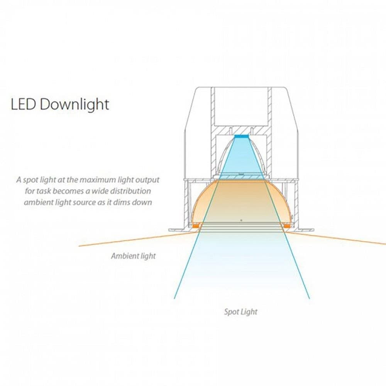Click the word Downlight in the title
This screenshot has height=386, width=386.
(x=74, y=104)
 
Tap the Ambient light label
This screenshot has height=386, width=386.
(x=133, y=256)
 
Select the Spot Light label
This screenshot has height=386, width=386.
(x=240, y=312)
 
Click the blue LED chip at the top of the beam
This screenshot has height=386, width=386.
(x=242, y=136)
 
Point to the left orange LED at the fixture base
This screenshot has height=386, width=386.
(x=196, y=225)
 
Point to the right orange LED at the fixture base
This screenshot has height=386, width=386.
(x=287, y=225)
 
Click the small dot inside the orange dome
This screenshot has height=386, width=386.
(x=241, y=220)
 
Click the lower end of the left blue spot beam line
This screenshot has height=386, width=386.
(x=174, y=299)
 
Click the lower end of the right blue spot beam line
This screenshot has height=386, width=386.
(x=310, y=299)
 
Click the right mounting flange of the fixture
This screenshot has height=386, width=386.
(x=303, y=230)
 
